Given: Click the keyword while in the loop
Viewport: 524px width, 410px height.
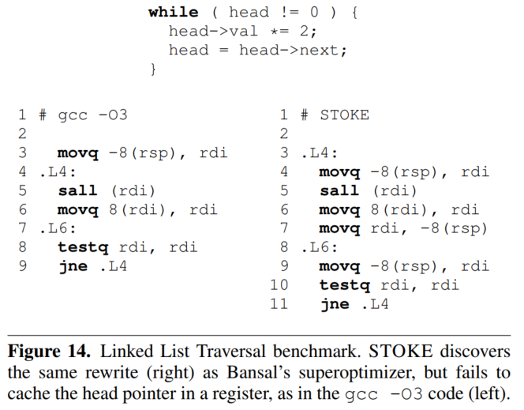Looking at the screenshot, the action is (x=174, y=12).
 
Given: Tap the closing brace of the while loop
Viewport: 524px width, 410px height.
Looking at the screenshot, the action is (x=154, y=70).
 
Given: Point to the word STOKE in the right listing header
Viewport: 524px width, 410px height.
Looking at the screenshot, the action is (x=344, y=115).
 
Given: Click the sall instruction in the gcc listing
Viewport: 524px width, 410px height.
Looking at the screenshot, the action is (x=77, y=190).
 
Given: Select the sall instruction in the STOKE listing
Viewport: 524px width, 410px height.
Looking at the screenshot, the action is (x=339, y=190).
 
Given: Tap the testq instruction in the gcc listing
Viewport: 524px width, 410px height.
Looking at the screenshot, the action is (x=82, y=247).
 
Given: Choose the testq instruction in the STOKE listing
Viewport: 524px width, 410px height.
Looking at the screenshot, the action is (x=344, y=285).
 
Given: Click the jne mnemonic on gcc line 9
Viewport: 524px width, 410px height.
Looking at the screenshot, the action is (x=73, y=266).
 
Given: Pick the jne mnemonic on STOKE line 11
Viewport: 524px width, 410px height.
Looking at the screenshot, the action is (x=335, y=304).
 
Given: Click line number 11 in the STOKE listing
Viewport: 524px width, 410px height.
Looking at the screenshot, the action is (x=279, y=304).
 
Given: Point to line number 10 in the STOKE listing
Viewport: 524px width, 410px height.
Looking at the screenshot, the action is (x=279, y=285).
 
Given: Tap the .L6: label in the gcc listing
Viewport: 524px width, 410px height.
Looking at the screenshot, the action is (x=58, y=228).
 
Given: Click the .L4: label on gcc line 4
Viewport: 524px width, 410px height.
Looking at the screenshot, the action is (x=58, y=171).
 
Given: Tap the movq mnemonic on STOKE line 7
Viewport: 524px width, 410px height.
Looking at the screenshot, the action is (x=339, y=228).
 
